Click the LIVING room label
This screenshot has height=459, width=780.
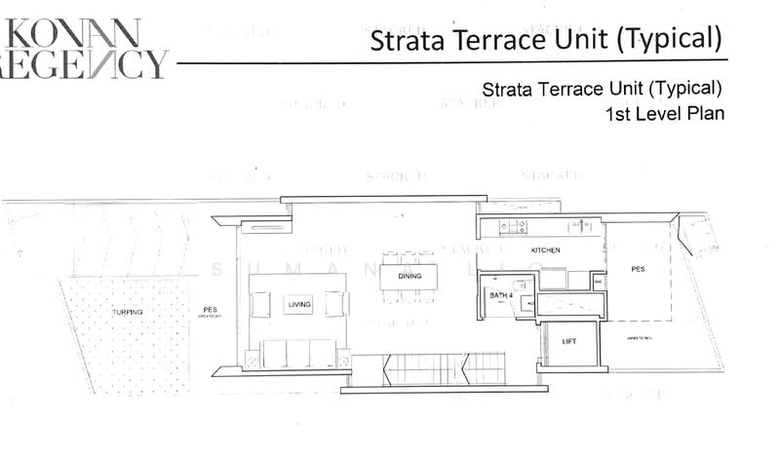(x=299, y=305)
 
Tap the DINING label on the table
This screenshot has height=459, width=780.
(x=409, y=277)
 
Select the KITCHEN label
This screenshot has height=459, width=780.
(x=545, y=250)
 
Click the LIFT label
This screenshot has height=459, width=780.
(x=570, y=342)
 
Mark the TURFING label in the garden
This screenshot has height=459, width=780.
(x=127, y=312)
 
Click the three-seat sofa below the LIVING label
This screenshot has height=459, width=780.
(x=298, y=353)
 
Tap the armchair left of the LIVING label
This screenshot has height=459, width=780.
(x=260, y=304)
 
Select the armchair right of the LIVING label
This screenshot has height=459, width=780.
(x=335, y=304)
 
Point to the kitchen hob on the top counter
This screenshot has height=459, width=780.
(x=512, y=228)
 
